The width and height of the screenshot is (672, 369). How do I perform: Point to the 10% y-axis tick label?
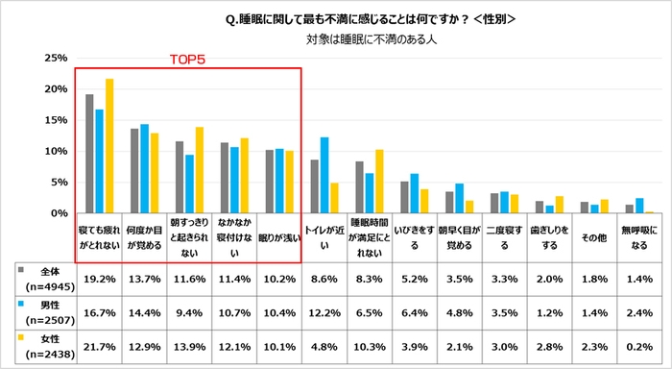pyautogui.click(x=53, y=151)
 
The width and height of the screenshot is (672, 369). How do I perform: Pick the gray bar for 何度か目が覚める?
pyautogui.click(x=135, y=171)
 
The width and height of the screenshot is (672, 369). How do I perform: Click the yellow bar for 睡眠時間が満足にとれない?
pyautogui.click(x=379, y=181)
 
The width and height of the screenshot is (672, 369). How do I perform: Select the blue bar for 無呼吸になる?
pyautogui.click(x=640, y=206)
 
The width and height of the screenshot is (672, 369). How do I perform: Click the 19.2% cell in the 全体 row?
pyautogui.click(x=99, y=278)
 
